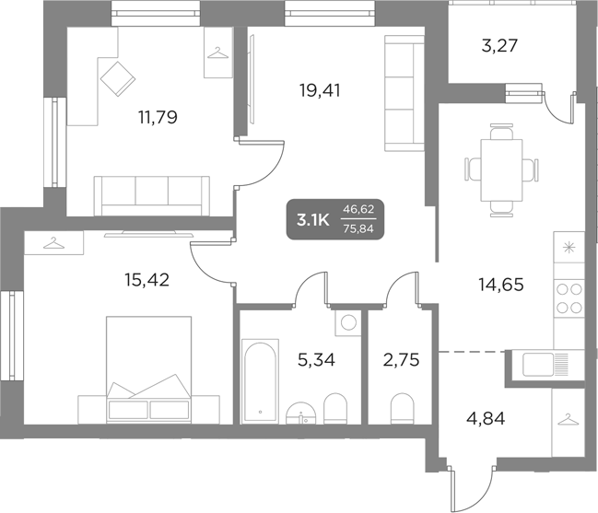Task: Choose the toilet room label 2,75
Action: [402, 359]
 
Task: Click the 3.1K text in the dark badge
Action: [312, 219]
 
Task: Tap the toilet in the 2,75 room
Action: [403, 406]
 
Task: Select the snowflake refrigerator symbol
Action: [569, 246]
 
